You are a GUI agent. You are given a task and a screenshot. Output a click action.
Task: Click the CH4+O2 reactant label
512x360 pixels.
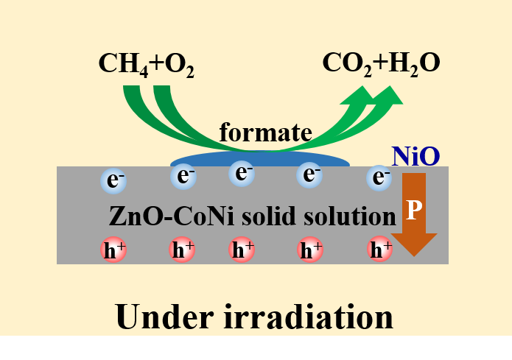point(146,65)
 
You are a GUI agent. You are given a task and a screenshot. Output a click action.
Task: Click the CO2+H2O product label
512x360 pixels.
point(381,63)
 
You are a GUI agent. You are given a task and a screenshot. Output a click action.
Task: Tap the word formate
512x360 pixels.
point(266,133)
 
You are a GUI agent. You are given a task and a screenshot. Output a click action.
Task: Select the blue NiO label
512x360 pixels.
point(416,156)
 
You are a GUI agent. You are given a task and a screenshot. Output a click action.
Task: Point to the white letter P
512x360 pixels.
point(414,211)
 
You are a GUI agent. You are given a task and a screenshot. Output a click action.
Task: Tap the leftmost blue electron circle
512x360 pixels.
point(113,178)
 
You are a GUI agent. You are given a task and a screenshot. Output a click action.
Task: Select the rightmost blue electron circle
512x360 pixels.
point(381,177)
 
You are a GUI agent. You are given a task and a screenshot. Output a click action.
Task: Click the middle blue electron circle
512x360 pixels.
point(242,174)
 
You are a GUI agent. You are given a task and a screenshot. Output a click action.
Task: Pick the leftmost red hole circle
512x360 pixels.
point(113,250)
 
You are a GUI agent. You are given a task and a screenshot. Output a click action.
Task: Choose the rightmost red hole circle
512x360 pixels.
point(380,250)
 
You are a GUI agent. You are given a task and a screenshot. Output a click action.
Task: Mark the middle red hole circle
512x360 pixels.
point(242,250)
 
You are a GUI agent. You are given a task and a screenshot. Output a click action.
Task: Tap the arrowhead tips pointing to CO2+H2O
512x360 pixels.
point(383,93)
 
